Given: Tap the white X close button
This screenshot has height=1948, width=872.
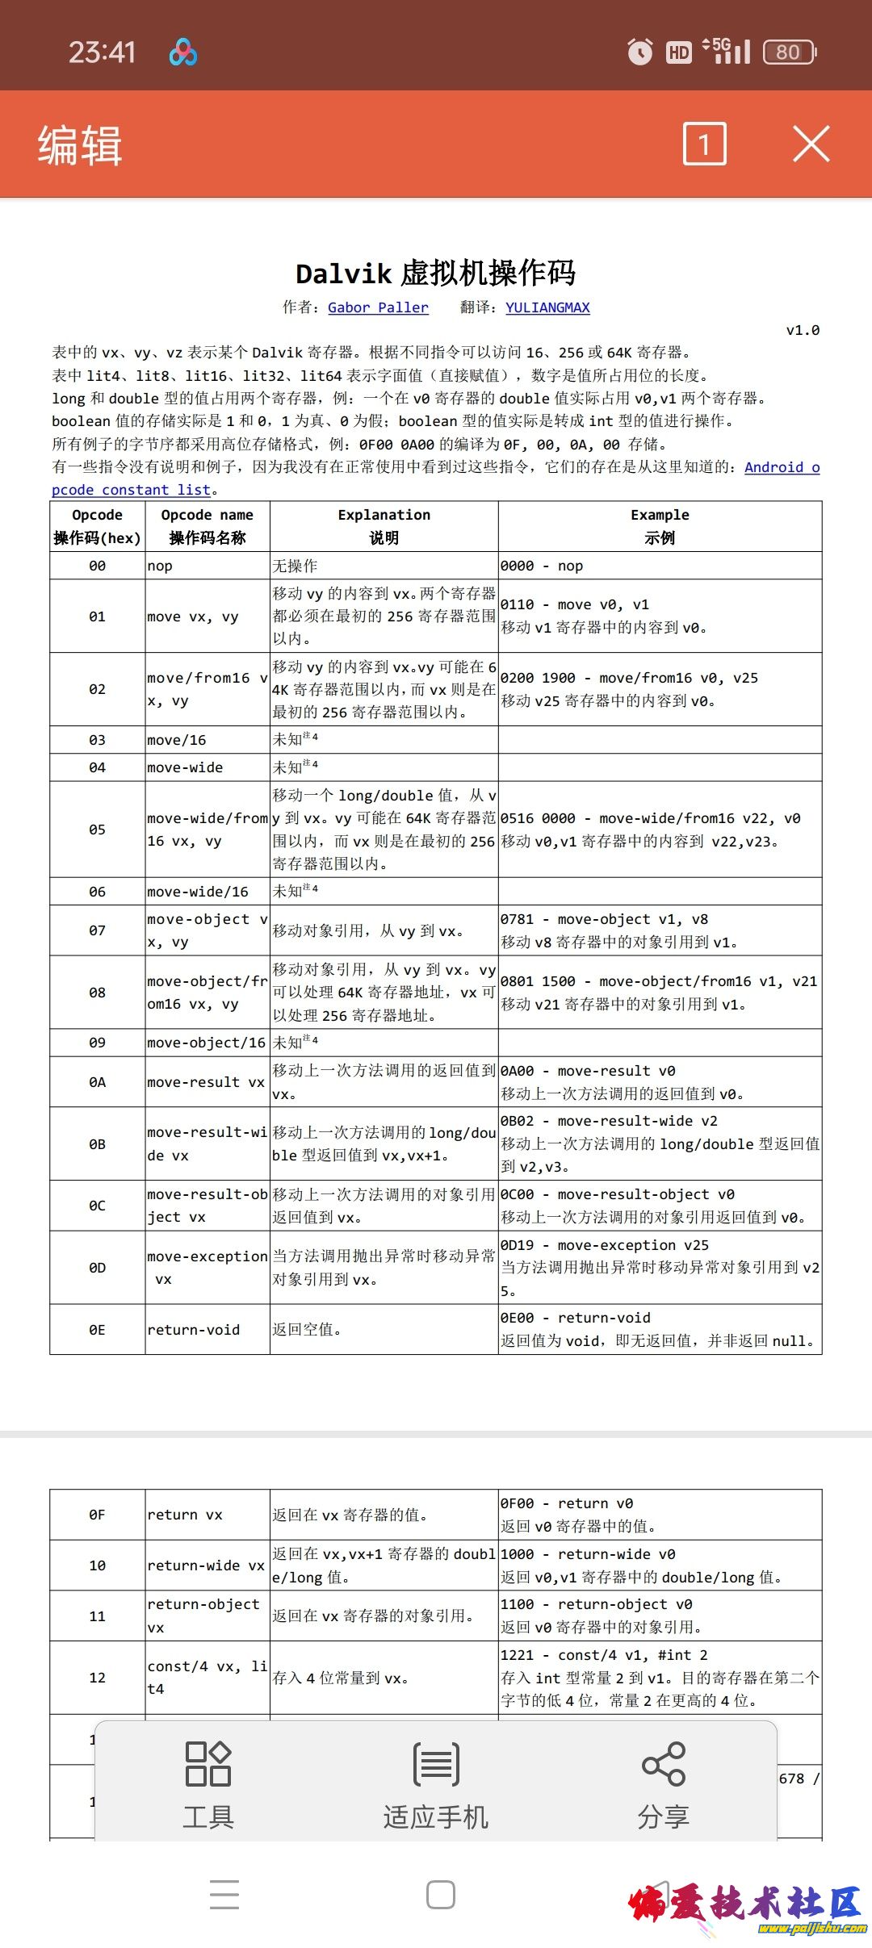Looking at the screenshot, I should (811, 144).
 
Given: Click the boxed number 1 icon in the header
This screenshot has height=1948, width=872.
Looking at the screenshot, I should (704, 144).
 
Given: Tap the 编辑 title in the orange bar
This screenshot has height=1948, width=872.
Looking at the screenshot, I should (80, 145).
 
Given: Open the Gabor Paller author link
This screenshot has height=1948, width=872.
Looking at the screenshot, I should (378, 307).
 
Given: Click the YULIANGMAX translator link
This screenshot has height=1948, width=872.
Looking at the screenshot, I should (547, 307).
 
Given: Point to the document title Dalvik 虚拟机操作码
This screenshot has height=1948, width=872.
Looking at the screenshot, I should (435, 274).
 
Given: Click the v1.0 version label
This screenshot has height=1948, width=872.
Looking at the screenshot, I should (803, 330).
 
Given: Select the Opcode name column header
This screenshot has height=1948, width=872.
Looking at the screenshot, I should (207, 526).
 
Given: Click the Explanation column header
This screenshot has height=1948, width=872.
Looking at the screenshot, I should (384, 526).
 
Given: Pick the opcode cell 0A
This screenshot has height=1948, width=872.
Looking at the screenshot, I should (97, 1082).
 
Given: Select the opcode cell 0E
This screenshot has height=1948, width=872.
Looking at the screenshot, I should (97, 1330).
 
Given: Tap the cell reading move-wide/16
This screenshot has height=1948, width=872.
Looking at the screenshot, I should (198, 892).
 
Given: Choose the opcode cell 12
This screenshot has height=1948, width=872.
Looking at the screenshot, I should (97, 1678).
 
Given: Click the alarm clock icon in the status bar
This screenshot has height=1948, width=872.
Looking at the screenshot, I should (640, 52).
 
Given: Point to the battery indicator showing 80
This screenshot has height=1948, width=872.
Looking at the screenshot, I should (789, 52).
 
